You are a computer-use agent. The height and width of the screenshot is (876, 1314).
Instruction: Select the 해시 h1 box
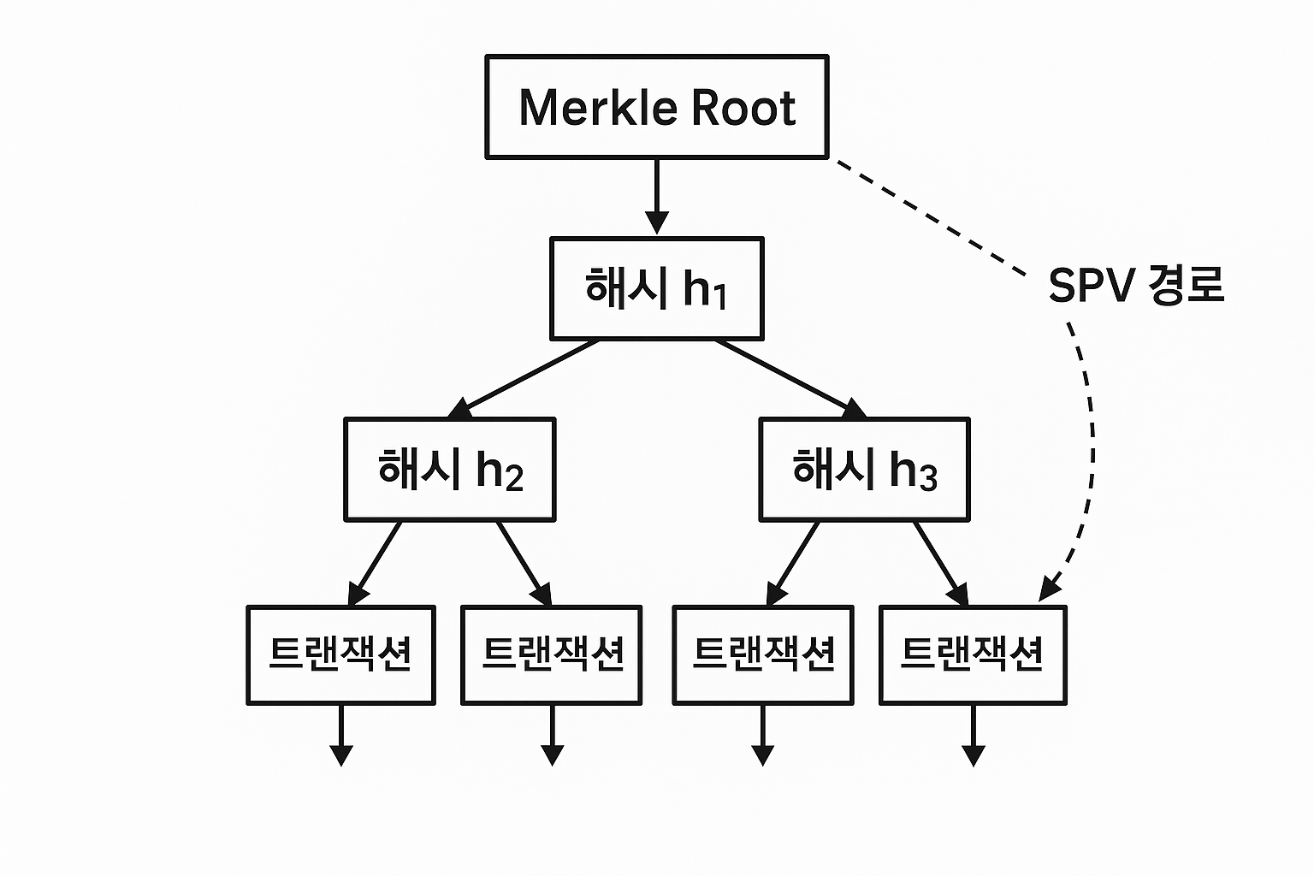click(x=656, y=288)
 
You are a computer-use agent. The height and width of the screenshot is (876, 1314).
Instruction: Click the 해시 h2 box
click(x=449, y=469)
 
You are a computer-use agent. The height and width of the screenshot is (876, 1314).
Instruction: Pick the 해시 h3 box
click(x=864, y=469)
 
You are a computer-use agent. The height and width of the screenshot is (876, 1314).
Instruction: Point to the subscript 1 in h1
click(x=719, y=297)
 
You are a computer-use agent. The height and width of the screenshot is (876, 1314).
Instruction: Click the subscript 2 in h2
click(x=513, y=477)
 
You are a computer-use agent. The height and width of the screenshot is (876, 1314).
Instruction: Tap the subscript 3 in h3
click(x=928, y=477)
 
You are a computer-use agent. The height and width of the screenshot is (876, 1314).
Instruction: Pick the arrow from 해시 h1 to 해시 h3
click(x=787, y=377)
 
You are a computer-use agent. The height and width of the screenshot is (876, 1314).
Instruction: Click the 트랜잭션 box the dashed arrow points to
click(x=973, y=654)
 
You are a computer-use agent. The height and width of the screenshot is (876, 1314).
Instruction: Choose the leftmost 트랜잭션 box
click(x=340, y=654)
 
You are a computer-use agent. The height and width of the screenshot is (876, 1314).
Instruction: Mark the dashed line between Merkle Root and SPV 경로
click(x=928, y=217)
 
